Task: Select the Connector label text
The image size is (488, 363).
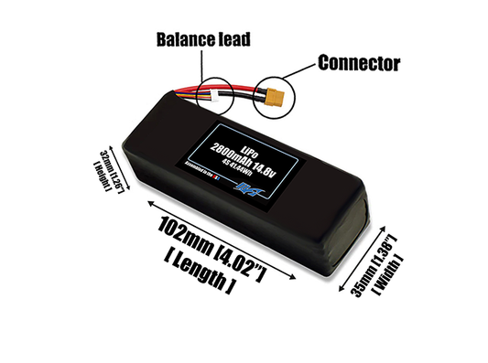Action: [359, 63]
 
